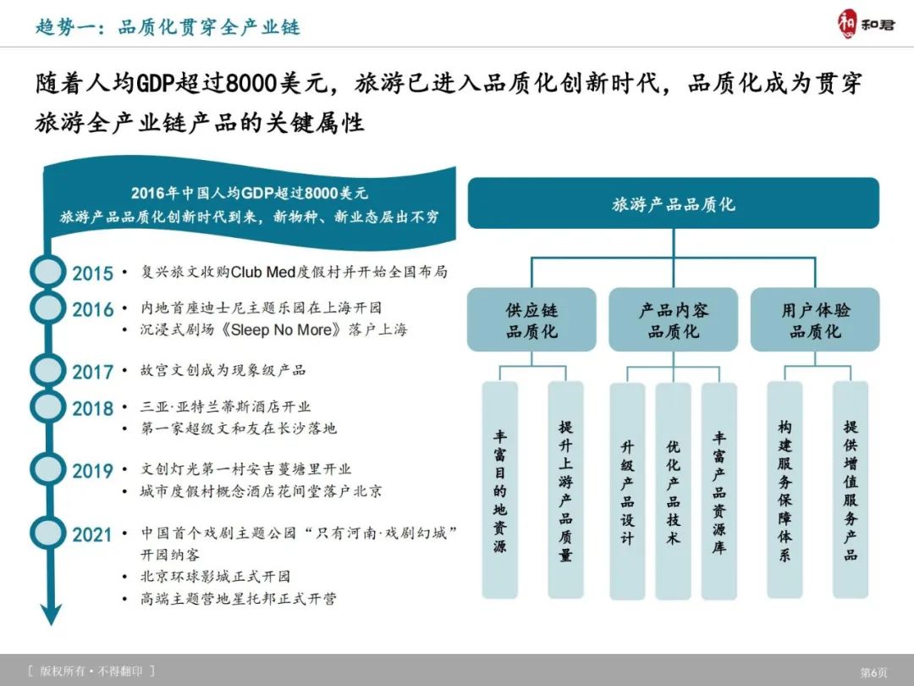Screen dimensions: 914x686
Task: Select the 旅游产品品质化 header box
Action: point(673,203)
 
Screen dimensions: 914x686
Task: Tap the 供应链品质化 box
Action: point(531,320)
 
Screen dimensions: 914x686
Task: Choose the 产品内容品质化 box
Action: point(673,320)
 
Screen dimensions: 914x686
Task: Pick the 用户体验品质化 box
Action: point(814,320)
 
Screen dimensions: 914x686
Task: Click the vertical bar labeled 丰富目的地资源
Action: point(500,490)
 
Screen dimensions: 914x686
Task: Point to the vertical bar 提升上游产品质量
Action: point(565,490)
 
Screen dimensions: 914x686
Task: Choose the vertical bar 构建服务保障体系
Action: point(785,490)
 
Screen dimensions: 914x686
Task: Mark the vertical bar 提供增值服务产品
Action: point(850,490)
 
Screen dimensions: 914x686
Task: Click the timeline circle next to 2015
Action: point(47,272)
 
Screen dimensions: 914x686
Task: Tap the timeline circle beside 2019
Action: point(47,469)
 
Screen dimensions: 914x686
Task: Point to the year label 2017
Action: point(92,372)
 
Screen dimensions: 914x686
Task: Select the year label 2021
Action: point(92,535)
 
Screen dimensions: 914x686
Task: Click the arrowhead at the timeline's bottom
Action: point(52,614)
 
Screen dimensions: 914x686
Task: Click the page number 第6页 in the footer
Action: point(873,672)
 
